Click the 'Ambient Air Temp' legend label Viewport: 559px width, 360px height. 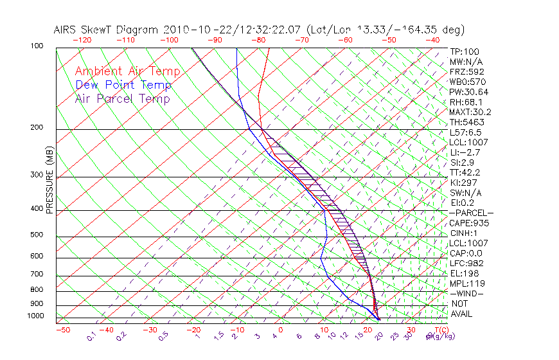click(x=127, y=71)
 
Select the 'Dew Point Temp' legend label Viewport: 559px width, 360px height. click(x=123, y=85)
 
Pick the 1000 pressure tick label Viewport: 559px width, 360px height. click(x=36, y=316)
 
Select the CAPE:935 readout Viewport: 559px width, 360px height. click(x=466, y=223)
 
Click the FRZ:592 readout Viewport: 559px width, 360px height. click(x=466, y=71)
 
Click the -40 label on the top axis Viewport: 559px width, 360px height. click(x=432, y=40)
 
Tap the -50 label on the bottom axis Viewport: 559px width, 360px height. click(x=62, y=330)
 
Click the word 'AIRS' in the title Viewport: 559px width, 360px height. click(x=67, y=30)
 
